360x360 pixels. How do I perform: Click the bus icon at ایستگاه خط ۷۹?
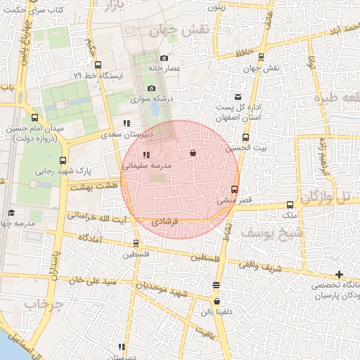click(98, 64)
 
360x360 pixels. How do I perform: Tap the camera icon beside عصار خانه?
click(164, 58)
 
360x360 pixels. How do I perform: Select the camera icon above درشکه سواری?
click(151, 89)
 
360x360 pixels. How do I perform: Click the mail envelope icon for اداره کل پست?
click(238, 96)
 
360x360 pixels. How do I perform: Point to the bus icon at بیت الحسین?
click(245, 138)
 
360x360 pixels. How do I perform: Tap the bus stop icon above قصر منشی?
click(234, 188)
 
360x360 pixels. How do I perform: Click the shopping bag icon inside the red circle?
click(193, 153)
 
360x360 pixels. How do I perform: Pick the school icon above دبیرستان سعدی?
click(127, 123)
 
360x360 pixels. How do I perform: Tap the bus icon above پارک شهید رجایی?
click(63, 160)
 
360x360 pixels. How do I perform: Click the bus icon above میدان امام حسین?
click(35, 117)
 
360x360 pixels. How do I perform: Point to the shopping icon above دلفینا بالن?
click(216, 285)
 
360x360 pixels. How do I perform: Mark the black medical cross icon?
click(340, 274)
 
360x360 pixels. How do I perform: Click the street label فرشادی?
click(166, 221)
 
